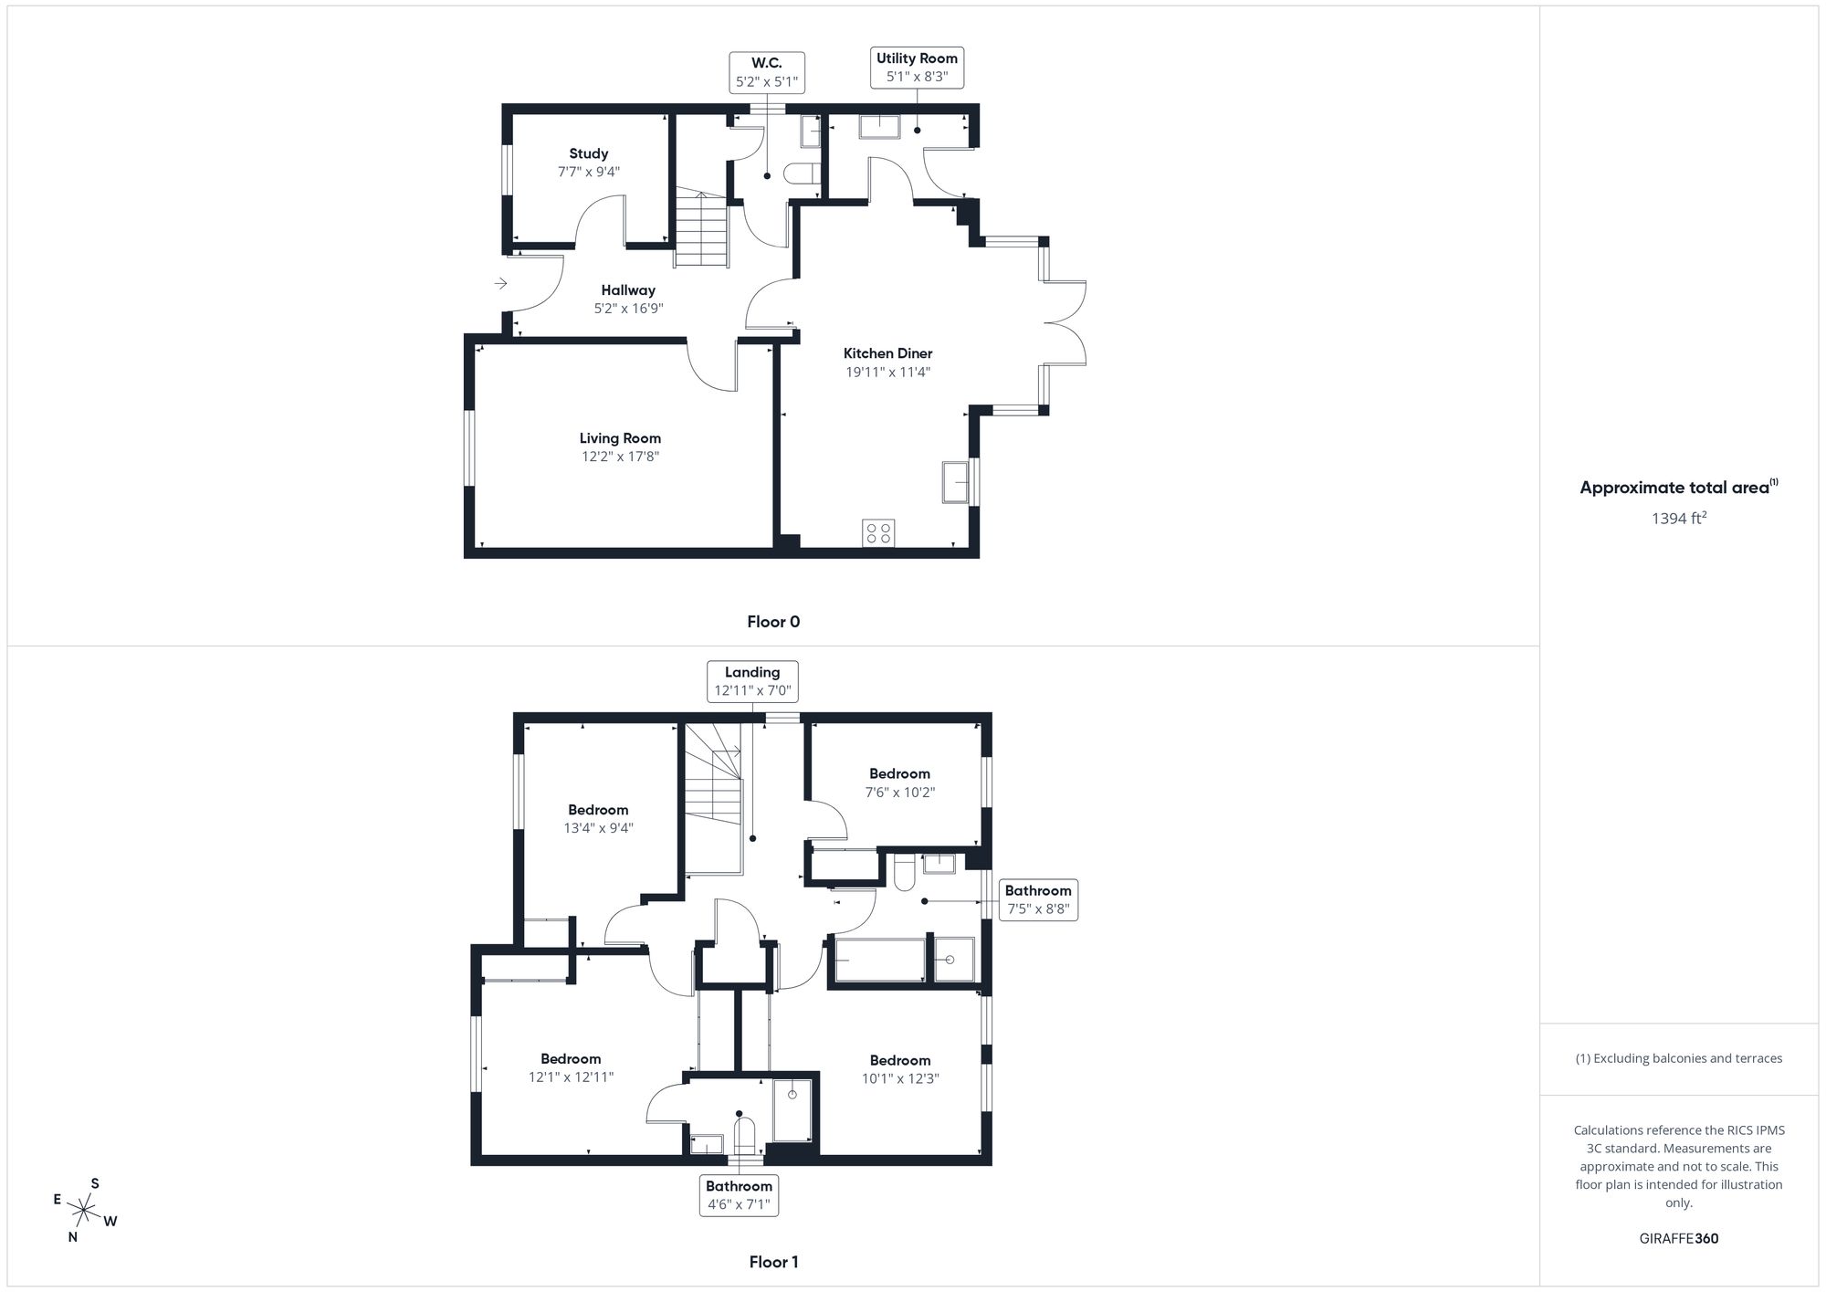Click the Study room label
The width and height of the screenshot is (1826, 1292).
coord(588,153)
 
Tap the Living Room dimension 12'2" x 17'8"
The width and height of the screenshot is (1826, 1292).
coord(620,457)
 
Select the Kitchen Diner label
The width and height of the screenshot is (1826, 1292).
coord(887,353)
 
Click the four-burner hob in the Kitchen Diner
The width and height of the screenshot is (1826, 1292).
coord(878,533)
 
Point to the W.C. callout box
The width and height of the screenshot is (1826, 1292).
coord(767,72)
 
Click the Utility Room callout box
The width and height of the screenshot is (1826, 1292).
coord(917,68)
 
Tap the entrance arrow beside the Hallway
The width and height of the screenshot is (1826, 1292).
coord(500,284)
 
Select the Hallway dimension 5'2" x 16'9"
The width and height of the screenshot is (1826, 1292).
coord(628,309)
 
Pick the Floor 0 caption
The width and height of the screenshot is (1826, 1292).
coord(773,622)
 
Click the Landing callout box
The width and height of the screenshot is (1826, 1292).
coord(752,681)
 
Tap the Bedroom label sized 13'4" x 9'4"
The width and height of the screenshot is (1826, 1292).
coord(598,810)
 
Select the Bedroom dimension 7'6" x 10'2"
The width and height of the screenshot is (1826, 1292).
coord(899,793)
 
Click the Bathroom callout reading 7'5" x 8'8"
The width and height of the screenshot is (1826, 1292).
coord(1038,899)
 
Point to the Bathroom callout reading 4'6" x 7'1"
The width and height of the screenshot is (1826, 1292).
coord(739,1195)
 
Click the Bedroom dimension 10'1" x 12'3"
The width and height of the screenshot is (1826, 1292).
coord(899,1078)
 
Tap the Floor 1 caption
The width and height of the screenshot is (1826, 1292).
coord(773,1262)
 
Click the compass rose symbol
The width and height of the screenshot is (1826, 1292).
coord(84,1212)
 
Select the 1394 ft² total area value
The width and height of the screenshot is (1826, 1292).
coord(1678,519)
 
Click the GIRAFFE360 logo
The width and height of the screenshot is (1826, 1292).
coord(1678,1239)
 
